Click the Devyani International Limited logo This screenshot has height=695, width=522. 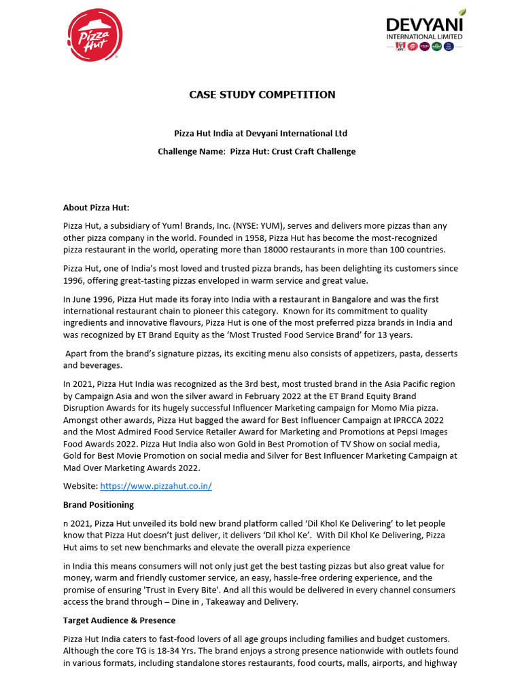pos(425,31)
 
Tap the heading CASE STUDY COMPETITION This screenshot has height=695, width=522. pos(262,94)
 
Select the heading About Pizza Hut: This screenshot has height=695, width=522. pos(96,208)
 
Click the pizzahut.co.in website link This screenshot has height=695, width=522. pos(156,487)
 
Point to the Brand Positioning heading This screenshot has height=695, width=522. pos(99,504)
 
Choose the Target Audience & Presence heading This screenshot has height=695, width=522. pos(119,620)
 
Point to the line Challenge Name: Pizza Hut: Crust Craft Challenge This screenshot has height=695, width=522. pos(257,151)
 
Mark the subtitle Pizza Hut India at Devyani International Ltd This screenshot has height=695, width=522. pos(261,133)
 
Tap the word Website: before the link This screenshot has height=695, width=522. pos(81,487)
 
